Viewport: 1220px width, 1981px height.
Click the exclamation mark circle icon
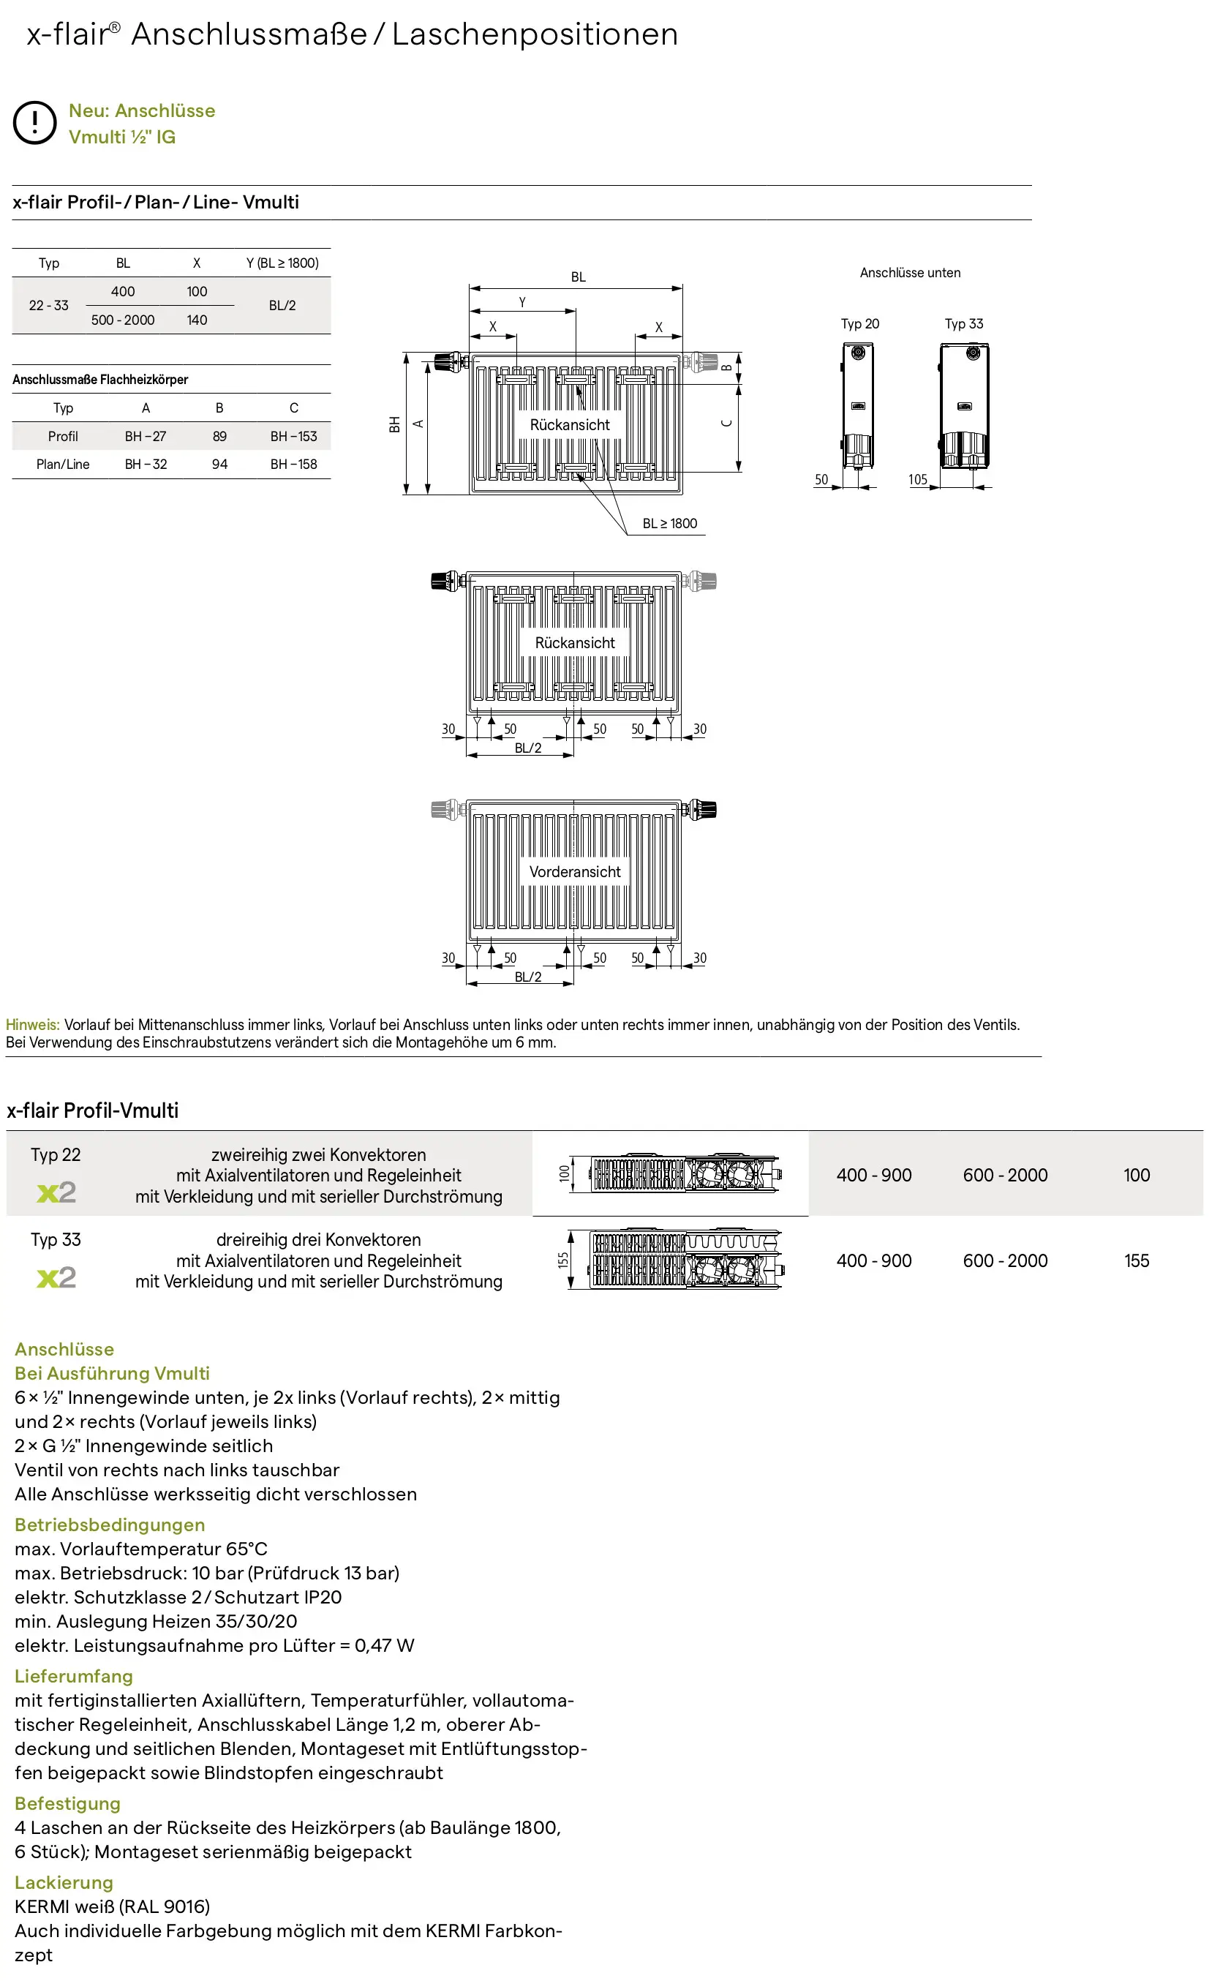[x=34, y=123]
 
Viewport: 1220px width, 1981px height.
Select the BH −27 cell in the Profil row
[x=146, y=437]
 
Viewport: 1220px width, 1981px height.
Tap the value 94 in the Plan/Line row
[x=219, y=465]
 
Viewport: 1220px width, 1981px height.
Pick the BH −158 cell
[x=294, y=465]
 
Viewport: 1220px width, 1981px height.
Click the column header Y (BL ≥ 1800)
[x=282, y=263]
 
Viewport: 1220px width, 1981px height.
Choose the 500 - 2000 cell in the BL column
[x=123, y=320]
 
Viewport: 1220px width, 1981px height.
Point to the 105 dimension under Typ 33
[x=918, y=479]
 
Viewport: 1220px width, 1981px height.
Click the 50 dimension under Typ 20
[x=821, y=479]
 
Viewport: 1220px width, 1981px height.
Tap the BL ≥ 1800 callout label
[x=670, y=524]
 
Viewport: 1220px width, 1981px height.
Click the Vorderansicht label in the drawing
[x=576, y=872]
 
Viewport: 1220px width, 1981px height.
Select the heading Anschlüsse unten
[x=910, y=273]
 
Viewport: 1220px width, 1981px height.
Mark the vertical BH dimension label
[x=394, y=424]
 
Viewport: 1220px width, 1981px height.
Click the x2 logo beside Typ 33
[x=56, y=1277]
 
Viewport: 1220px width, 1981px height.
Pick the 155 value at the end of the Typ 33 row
[x=1137, y=1261]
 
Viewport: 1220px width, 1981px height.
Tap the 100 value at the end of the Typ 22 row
[x=1137, y=1176]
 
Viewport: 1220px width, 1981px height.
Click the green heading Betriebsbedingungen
[x=110, y=1525]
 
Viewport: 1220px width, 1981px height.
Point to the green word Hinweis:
[x=33, y=1025]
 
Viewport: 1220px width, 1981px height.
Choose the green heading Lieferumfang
[x=73, y=1676]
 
